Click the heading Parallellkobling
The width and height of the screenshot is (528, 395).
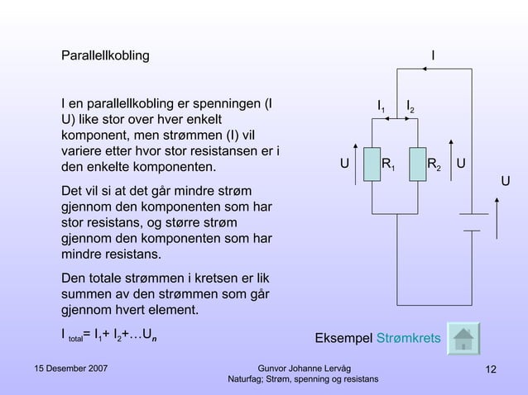[x=105, y=56]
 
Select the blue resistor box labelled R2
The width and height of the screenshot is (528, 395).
[x=419, y=165]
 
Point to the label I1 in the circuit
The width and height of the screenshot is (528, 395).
[x=381, y=107]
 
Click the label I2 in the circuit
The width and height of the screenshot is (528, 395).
[x=410, y=107]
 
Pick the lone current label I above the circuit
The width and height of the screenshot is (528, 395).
[x=434, y=56]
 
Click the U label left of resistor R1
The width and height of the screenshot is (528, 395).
[x=343, y=164]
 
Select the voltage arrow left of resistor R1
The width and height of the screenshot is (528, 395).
[x=356, y=164]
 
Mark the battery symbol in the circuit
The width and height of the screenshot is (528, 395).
[x=472, y=222]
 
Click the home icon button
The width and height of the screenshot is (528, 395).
[x=463, y=339]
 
